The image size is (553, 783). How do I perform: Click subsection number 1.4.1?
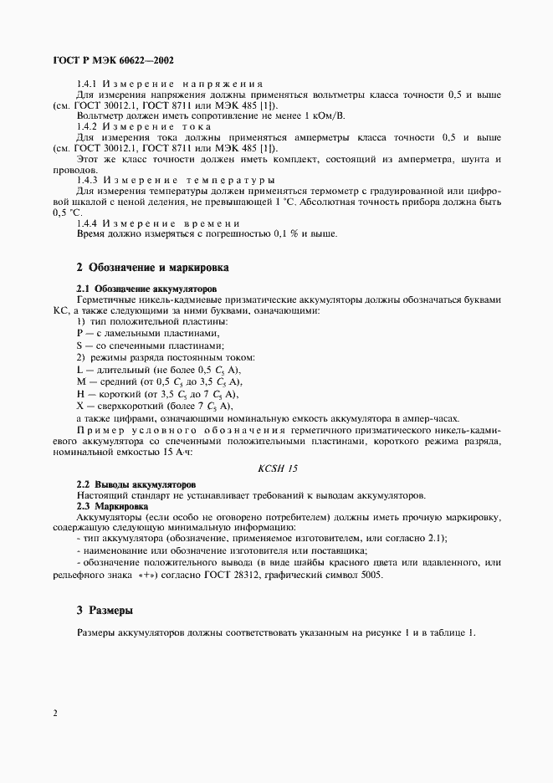(x=88, y=84)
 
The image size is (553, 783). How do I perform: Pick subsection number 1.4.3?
(x=88, y=180)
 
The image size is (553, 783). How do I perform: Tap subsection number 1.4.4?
(x=88, y=223)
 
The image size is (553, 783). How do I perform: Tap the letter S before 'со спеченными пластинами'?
(x=79, y=345)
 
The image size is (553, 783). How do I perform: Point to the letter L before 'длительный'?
(x=79, y=370)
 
